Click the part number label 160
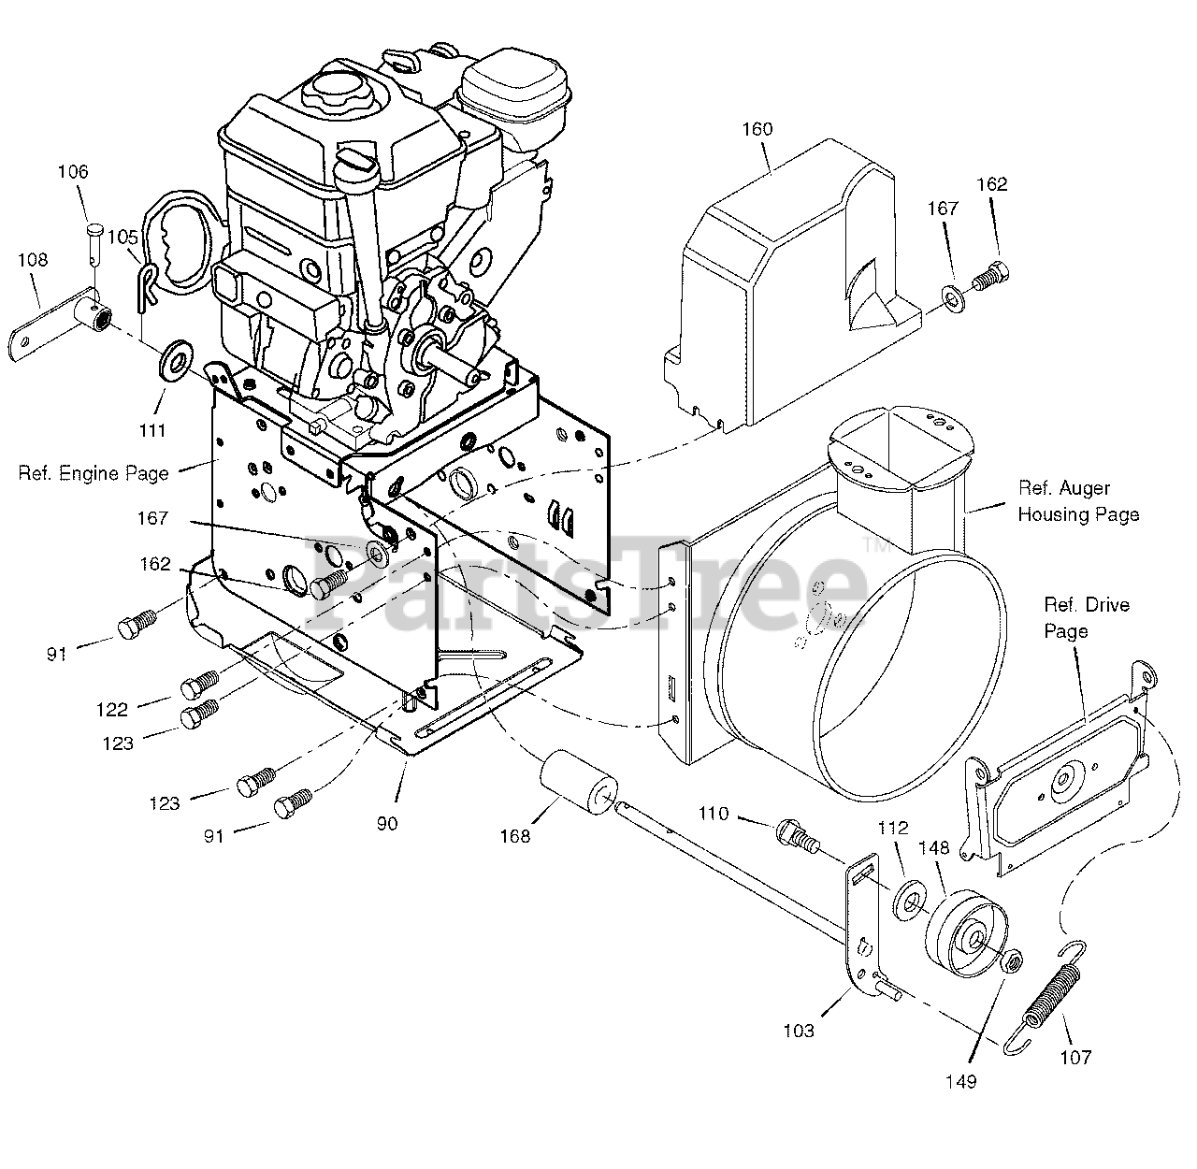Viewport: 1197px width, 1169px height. [757, 129]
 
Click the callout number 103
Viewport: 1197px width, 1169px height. [799, 1031]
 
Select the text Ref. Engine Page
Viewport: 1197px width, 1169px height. [94, 474]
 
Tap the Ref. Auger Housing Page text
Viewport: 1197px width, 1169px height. [1077, 501]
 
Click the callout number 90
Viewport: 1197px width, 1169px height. [387, 823]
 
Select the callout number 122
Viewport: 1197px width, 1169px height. [112, 710]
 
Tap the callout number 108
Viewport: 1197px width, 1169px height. [33, 260]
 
